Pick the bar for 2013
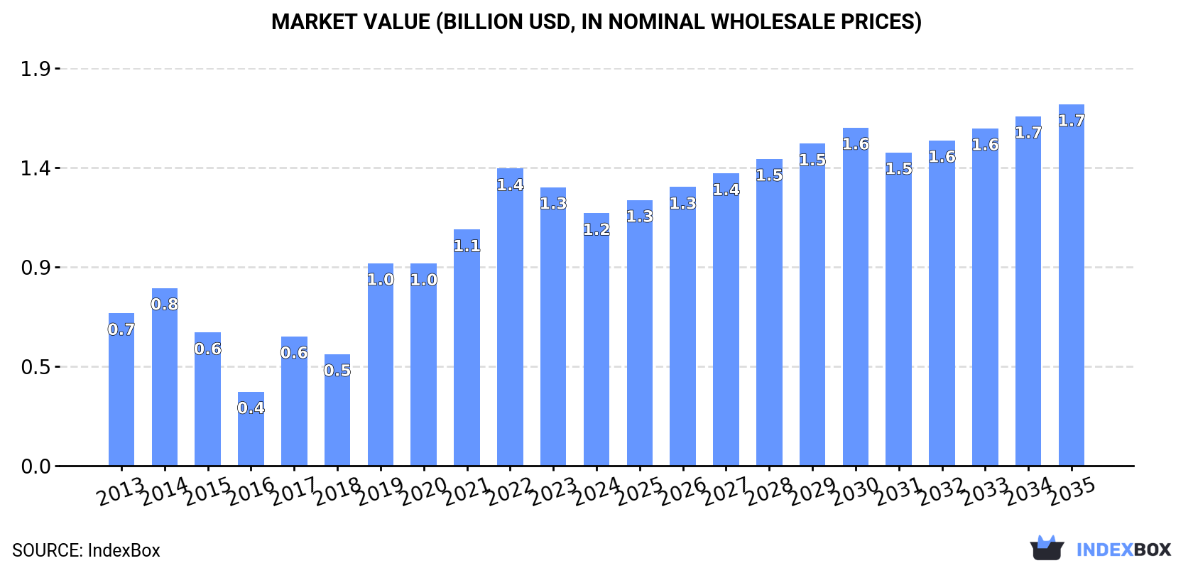click(121, 398)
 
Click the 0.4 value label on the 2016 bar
click(251, 408)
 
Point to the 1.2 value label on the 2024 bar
click(596, 229)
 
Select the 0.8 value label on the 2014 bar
click(165, 305)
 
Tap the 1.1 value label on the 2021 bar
click(467, 246)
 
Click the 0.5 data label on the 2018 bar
click(337, 371)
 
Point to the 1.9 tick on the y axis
click(36, 69)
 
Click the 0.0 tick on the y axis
click(36, 466)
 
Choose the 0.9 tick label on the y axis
click(36, 268)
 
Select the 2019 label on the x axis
click(381, 491)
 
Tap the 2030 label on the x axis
click(856, 491)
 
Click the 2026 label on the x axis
click(683, 491)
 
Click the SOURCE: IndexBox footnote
click(86, 550)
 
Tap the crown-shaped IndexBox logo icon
click(1047, 548)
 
